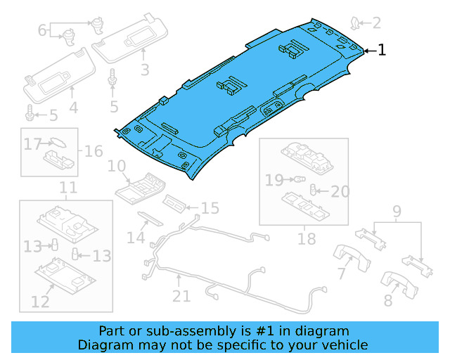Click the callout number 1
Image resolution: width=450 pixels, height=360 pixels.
pyautogui.click(x=382, y=50)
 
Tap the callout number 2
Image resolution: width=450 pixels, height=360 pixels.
pyautogui.click(x=376, y=23)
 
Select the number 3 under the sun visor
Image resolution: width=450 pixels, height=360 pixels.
pyautogui.click(x=145, y=70)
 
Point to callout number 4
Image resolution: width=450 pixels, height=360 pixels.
pyautogui.click(x=73, y=108)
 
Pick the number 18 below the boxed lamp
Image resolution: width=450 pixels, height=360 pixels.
pyautogui.click(x=307, y=239)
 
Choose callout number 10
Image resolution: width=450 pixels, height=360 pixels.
pyautogui.click(x=116, y=167)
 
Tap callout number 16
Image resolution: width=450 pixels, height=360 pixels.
pyautogui.click(x=94, y=151)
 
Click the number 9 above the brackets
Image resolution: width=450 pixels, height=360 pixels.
pyautogui.click(x=397, y=210)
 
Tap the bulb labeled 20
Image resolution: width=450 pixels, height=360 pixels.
pyautogui.click(x=314, y=190)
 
